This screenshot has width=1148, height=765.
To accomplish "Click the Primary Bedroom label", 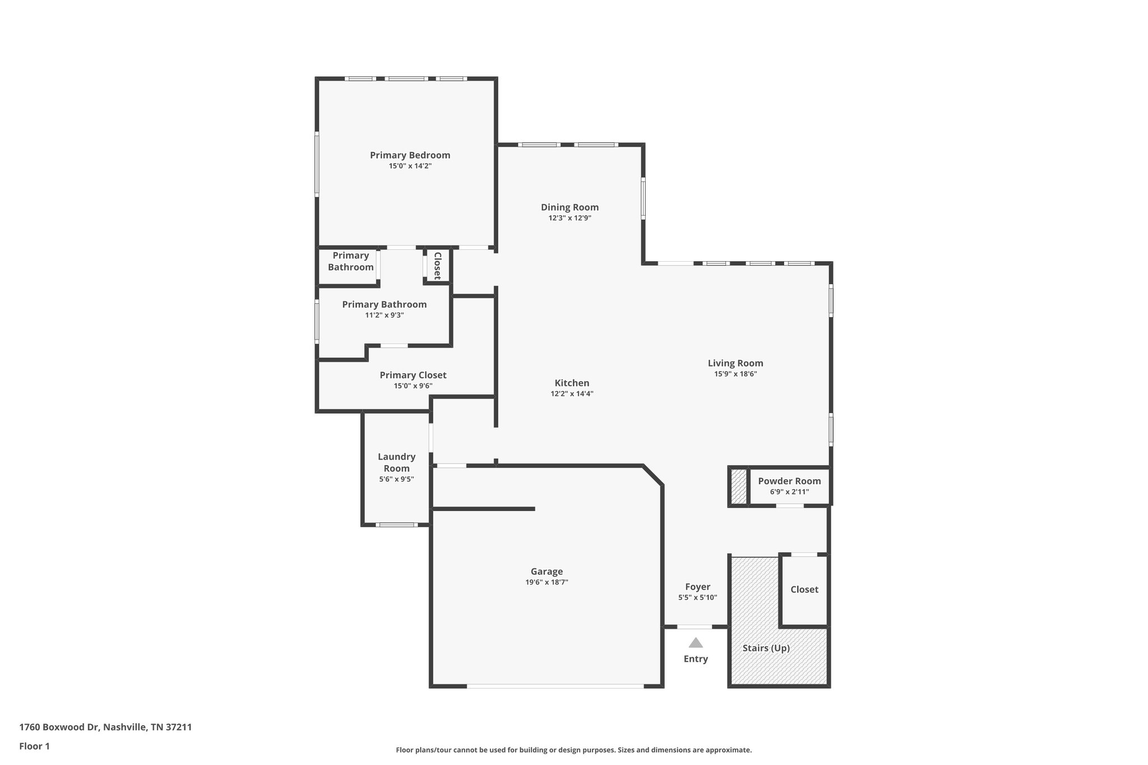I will (x=410, y=155).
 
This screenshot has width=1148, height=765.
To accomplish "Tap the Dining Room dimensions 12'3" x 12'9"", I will (x=570, y=218).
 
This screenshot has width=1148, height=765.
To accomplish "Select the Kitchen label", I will (x=572, y=383).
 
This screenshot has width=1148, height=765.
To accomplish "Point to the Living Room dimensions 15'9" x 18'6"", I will (x=735, y=374).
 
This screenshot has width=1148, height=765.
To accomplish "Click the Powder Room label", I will (x=789, y=481).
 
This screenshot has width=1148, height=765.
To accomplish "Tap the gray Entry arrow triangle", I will (x=696, y=643).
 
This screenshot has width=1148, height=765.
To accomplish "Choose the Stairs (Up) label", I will (x=766, y=648).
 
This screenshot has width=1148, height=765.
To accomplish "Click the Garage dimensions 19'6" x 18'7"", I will (x=547, y=582).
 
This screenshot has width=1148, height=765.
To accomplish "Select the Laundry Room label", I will (x=396, y=462).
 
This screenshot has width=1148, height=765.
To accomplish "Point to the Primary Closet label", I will (x=413, y=375).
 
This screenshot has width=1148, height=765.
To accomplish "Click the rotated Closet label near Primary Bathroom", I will (x=438, y=266).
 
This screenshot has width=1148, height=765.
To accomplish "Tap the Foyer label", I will (x=697, y=587).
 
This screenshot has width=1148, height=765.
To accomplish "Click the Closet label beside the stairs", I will (x=804, y=589).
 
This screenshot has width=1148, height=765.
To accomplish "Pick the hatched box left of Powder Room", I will (x=739, y=486).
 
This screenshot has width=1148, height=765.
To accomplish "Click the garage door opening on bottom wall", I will (x=555, y=686).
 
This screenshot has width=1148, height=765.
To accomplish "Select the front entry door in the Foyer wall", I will (x=695, y=627).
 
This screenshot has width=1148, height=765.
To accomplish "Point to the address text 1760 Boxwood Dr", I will (x=105, y=727).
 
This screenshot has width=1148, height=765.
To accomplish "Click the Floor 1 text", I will (x=34, y=746).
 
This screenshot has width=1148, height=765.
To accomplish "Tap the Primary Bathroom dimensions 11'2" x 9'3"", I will (x=384, y=315).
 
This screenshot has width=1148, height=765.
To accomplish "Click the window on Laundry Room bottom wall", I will (x=396, y=525).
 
